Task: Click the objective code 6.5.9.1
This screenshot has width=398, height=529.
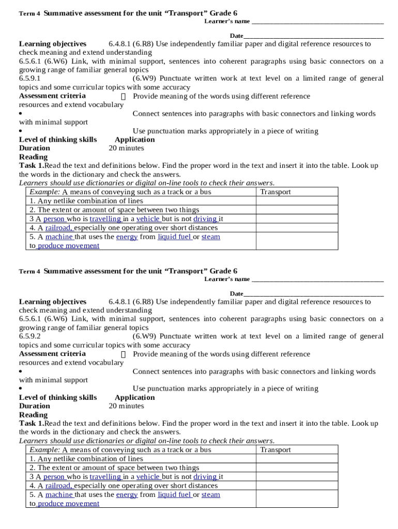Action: (30, 79)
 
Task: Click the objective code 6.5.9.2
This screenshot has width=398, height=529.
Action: (30, 336)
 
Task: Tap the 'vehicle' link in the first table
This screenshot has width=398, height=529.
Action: (148, 219)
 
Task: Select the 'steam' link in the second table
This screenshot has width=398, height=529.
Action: (210, 494)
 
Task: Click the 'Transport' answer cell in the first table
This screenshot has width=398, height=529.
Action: (275, 192)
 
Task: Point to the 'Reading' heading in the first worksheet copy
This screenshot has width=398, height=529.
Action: (33, 157)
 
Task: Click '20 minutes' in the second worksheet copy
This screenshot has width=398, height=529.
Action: (126, 406)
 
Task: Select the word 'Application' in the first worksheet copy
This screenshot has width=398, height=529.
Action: (134, 139)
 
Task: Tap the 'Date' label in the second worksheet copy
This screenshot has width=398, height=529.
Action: (236, 293)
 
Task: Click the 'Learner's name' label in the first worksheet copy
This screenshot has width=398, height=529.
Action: (227, 21)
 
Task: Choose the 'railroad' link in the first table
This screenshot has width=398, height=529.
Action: (58, 228)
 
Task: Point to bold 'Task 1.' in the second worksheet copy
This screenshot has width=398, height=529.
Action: (32, 423)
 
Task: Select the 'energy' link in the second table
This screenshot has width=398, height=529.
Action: (127, 494)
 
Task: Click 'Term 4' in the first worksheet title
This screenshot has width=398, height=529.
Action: (29, 13)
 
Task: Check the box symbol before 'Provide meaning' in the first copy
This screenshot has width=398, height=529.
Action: (123, 97)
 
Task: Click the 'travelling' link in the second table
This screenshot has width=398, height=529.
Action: (105, 477)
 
